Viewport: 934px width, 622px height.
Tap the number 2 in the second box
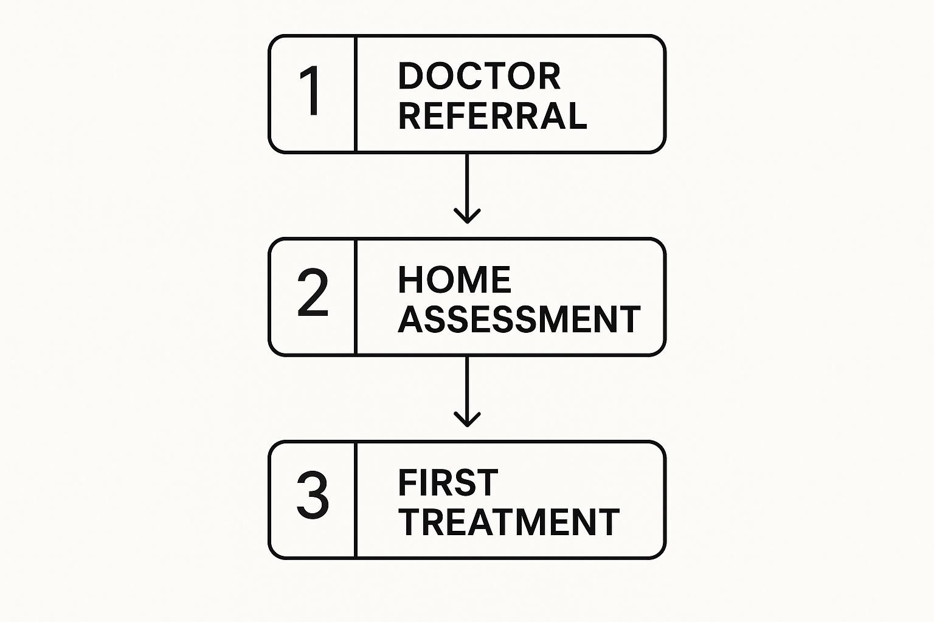coord(313,294)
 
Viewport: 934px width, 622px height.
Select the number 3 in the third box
coord(313,496)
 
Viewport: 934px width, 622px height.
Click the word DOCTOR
coord(479,76)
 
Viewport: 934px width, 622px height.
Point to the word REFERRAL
coord(493,115)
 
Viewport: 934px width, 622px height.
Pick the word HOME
coord(454,279)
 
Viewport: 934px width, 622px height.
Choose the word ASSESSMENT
coord(519,319)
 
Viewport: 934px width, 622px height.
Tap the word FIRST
coord(448,482)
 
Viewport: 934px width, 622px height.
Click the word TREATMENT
coord(509,522)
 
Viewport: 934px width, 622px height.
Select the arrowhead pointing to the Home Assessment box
coord(467,216)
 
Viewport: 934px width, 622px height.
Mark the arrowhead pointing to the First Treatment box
coord(467,419)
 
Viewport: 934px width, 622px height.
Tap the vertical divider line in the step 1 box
coord(355,94)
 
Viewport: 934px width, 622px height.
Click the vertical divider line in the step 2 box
coord(355,296)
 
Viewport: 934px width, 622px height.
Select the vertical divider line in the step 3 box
coord(355,499)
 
